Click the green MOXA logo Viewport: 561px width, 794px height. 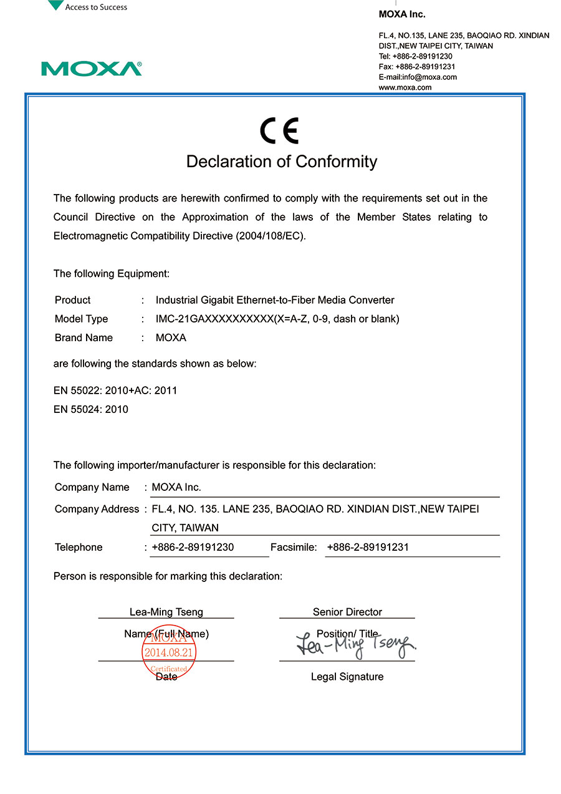[x=92, y=69]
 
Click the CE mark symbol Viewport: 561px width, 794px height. [x=280, y=131]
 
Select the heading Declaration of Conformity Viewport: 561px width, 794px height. [x=282, y=162]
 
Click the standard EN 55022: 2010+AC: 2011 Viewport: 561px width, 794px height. [x=115, y=390]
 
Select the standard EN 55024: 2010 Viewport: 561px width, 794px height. [x=91, y=409]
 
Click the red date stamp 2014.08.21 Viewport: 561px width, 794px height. [x=170, y=653]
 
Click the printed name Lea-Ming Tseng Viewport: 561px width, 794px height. [x=166, y=612]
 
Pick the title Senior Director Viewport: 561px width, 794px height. [x=347, y=612]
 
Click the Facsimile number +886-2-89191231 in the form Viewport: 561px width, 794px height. [x=368, y=547]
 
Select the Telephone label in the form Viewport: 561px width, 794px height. [x=79, y=547]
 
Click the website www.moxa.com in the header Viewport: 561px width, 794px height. [x=405, y=87]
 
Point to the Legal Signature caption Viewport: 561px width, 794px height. [x=347, y=677]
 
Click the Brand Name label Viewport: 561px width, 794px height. [x=84, y=337]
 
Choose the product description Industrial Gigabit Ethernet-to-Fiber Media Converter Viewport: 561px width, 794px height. [x=275, y=300]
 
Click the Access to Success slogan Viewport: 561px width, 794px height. [x=96, y=7]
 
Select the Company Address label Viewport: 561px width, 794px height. [x=97, y=509]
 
